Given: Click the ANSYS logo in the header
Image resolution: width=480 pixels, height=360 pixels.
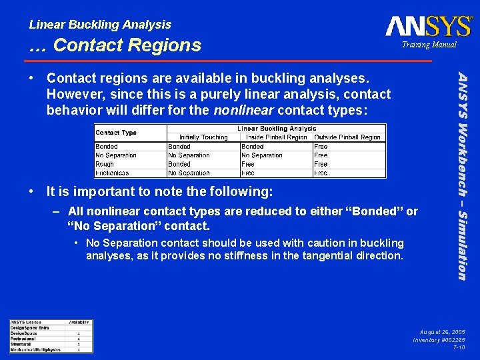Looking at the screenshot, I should pyautogui.click(x=429, y=26).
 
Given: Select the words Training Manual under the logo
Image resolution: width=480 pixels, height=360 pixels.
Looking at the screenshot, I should pyautogui.click(x=429, y=45).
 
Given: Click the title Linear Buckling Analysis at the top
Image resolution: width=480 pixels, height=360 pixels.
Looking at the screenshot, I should pyautogui.click(x=100, y=25).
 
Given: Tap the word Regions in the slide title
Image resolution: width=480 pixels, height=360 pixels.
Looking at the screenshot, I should pyautogui.click(x=168, y=45).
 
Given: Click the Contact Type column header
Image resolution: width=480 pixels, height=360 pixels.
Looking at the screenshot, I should pyautogui.click(x=116, y=133).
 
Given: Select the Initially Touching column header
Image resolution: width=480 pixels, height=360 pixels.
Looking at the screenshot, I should pyautogui.click(x=203, y=137).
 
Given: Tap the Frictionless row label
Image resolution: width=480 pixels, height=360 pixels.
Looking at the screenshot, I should pyautogui.click(x=112, y=173).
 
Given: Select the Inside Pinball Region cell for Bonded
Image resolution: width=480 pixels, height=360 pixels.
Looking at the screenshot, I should pyautogui.click(x=253, y=147).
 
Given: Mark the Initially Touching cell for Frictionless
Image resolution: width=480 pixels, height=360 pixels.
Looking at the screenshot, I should pyautogui.click(x=189, y=173).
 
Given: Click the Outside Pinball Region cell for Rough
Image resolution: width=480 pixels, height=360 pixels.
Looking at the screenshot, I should pyautogui.click(x=321, y=164).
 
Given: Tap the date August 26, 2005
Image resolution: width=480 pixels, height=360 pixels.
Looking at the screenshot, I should pyautogui.click(x=442, y=331).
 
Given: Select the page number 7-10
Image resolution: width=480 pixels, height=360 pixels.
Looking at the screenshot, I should pyautogui.click(x=459, y=347).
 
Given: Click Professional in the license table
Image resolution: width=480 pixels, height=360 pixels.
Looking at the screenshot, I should pyautogui.click(x=24, y=339).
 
